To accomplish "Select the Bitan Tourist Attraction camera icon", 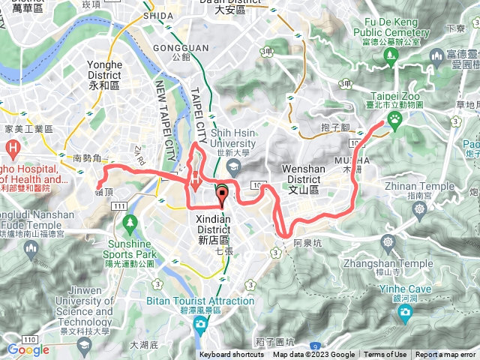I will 200,323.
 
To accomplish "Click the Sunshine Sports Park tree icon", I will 130,223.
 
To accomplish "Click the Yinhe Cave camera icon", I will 405,313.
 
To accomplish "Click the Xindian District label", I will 217,224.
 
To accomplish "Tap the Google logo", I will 28,349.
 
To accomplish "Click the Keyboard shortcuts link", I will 232,355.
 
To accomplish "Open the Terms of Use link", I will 385,355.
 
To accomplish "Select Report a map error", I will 447,355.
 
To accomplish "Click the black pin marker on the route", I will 222,194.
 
